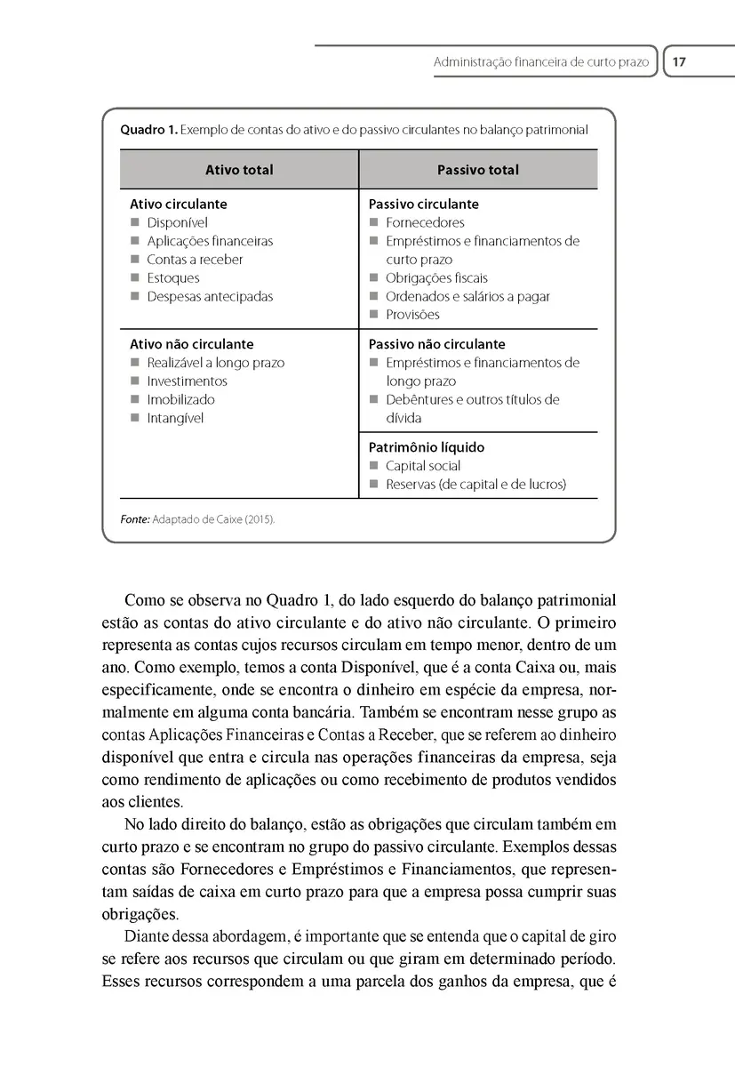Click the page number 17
click(680, 62)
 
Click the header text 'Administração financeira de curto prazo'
click(540, 63)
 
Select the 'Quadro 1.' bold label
click(148, 130)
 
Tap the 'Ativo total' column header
click(239, 170)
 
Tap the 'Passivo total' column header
click(478, 170)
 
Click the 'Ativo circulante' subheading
click(179, 205)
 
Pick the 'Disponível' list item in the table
click(177, 223)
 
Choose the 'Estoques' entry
click(173, 278)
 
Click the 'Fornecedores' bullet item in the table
click(425, 223)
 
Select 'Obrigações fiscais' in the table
click(436, 278)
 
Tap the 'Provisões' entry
click(412, 315)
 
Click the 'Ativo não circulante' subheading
click(192, 344)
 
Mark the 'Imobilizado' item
click(180, 400)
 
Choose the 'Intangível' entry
click(175, 419)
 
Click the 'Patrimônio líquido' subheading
click(427, 448)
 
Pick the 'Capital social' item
click(423, 466)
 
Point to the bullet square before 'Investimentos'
click(135, 381)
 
